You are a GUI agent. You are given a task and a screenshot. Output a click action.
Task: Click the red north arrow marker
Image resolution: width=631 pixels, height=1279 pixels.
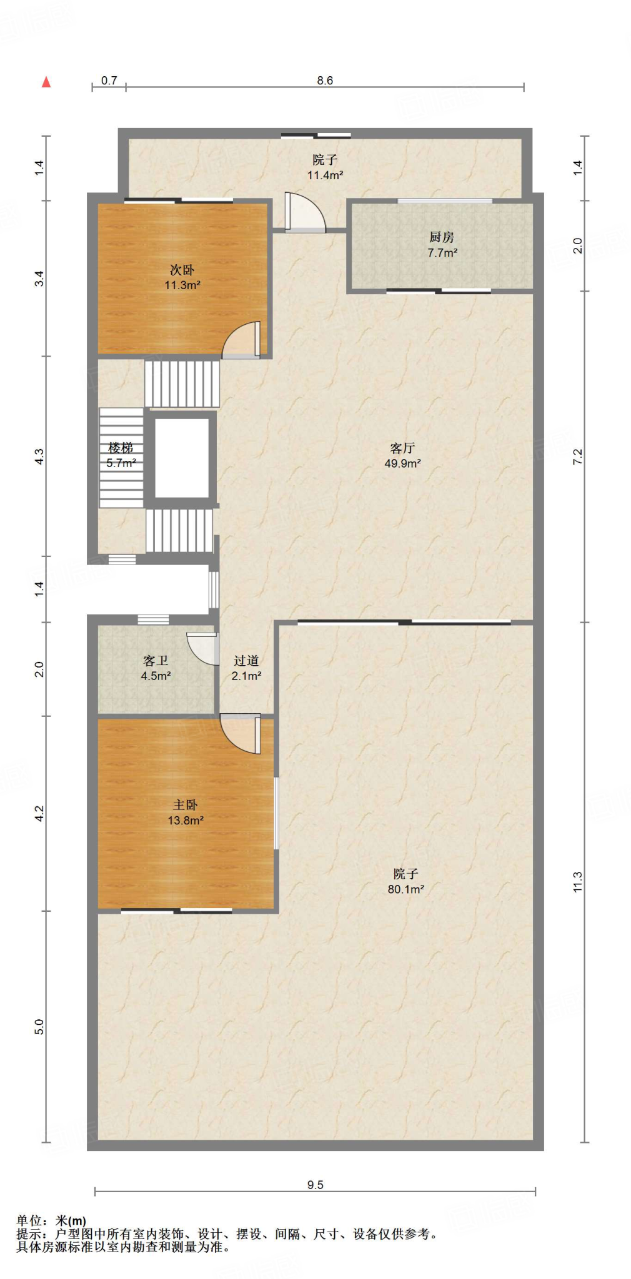coord(46,82)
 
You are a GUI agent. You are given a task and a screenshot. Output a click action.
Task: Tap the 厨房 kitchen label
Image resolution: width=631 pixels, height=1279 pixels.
coord(442,237)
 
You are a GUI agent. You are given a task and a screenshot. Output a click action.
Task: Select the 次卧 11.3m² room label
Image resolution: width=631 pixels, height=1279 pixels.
coord(182,277)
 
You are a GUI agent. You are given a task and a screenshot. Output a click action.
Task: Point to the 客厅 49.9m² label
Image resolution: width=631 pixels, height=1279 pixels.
coord(402,455)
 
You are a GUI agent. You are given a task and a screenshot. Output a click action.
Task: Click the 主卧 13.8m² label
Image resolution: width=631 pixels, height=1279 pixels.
coord(186,812)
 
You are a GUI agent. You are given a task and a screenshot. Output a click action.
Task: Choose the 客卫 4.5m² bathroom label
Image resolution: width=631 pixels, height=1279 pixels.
coord(156,668)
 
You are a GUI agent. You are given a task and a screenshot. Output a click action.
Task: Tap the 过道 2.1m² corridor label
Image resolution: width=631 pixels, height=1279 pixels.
coord(246,668)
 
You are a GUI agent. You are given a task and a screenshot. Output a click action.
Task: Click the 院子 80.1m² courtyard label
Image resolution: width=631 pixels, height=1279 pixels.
coord(405,881)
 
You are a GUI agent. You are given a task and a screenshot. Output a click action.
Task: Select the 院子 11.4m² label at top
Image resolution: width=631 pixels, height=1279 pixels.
coord(325,167)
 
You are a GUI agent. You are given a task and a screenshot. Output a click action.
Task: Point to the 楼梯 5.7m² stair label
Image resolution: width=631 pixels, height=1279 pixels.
coord(121,455)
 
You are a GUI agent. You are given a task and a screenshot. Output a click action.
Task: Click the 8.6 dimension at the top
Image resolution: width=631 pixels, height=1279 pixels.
coord(325,81)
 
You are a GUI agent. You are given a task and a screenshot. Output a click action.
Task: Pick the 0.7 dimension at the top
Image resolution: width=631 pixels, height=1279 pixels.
coord(109,81)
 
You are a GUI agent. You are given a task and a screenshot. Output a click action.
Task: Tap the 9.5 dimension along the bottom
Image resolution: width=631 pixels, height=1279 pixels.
coord(315,1185)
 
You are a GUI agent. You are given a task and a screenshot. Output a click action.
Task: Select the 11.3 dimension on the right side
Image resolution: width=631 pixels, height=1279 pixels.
coord(577,881)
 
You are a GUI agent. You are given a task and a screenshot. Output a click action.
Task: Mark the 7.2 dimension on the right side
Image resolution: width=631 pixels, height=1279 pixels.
coord(577,457)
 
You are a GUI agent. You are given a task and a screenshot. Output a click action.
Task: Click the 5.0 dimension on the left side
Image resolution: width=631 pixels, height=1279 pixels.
coord(39,1027)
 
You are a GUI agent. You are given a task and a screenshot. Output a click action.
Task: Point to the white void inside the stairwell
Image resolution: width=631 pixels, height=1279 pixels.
coord(182,458)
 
